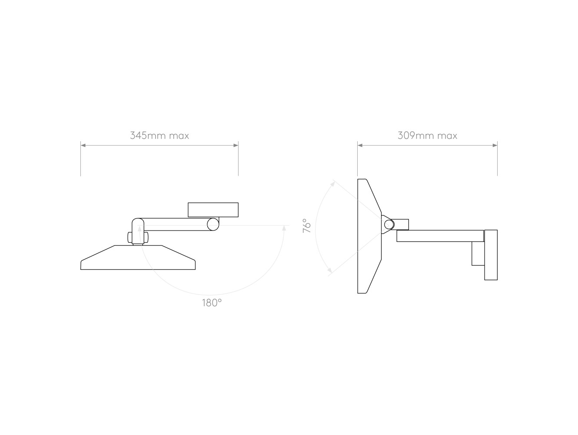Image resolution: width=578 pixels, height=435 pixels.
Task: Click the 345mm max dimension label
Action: [159, 136]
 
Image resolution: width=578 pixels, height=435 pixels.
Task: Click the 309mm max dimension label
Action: [427, 136]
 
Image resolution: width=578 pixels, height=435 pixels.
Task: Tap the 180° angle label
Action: [212, 303]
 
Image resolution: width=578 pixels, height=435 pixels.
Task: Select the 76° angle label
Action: [307, 225]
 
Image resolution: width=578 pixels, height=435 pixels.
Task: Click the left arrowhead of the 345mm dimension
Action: [83, 145]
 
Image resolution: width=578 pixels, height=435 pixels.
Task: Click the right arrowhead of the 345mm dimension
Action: [236, 145]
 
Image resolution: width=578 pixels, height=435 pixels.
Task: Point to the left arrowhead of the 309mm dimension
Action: [360, 145]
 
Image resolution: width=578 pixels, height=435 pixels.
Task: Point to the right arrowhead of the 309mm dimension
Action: [495, 145]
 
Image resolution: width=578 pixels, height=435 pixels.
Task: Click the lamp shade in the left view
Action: [138, 258]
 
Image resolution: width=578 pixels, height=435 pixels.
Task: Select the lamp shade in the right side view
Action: [369, 236]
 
